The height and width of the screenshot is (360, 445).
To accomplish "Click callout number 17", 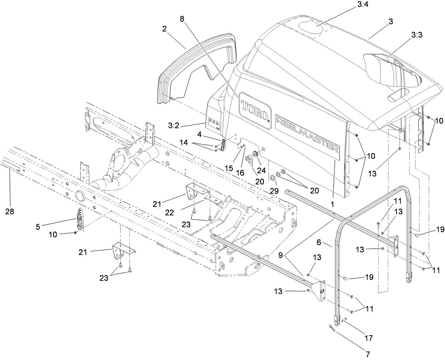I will (x=369, y=338).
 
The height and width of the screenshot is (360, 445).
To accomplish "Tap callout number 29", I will (x=274, y=191).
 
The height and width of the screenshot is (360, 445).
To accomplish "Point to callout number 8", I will (x=182, y=19).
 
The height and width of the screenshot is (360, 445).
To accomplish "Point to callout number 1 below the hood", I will (x=333, y=204).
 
